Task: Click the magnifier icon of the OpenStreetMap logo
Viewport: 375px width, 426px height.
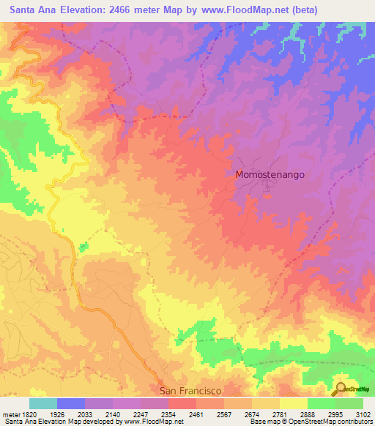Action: coord(341,388)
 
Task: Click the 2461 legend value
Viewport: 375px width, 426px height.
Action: coord(196,414)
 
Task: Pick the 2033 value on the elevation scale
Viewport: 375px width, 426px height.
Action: coord(85,414)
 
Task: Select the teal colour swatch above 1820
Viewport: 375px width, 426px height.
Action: coord(42,403)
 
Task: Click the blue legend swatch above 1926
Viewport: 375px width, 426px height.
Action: coord(70,403)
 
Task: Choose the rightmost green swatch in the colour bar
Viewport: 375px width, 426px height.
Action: coord(349,403)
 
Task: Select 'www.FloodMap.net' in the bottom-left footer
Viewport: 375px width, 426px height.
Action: coord(147,422)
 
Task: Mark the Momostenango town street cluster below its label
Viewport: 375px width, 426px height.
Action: coord(261,188)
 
